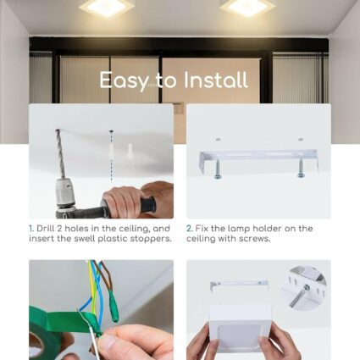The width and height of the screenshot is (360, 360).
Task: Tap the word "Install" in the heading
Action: click(x=215, y=80)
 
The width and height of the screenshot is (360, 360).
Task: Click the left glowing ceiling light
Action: click(x=107, y=7)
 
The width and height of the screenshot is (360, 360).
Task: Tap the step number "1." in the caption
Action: click(x=31, y=229)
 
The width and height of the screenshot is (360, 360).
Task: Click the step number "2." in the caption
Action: click(x=190, y=229)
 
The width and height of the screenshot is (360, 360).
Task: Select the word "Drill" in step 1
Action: click(x=46, y=228)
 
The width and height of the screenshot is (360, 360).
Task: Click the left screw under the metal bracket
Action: click(x=218, y=169)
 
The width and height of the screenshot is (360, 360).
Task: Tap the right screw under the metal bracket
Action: click(x=301, y=168)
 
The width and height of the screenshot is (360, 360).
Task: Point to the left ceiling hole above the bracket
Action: click(x=218, y=140)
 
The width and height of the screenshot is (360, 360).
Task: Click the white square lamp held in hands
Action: click(x=240, y=329)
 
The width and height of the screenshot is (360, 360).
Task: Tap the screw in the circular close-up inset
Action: click(x=299, y=296)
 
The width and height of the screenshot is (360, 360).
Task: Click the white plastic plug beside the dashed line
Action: click(x=130, y=151)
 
